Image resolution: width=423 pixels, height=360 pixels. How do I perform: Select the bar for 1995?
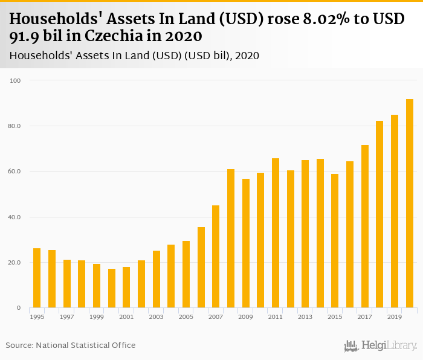(37, 278)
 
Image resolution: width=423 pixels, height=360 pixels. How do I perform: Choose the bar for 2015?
(335, 241)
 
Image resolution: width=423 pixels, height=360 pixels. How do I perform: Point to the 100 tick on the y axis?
(16, 80)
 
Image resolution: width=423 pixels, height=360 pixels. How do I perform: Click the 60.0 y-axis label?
(15, 172)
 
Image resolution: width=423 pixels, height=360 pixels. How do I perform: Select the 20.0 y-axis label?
(15, 263)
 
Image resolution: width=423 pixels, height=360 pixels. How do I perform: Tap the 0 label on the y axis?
(18, 308)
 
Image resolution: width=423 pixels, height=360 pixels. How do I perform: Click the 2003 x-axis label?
(156, 317)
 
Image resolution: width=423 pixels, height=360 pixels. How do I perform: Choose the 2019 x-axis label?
(394, 317)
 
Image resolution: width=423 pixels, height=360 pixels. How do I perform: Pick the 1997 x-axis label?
(66, 317)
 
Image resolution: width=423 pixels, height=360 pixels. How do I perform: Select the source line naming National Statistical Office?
(71, 345)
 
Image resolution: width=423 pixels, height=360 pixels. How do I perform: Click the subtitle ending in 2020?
(135, 56)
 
